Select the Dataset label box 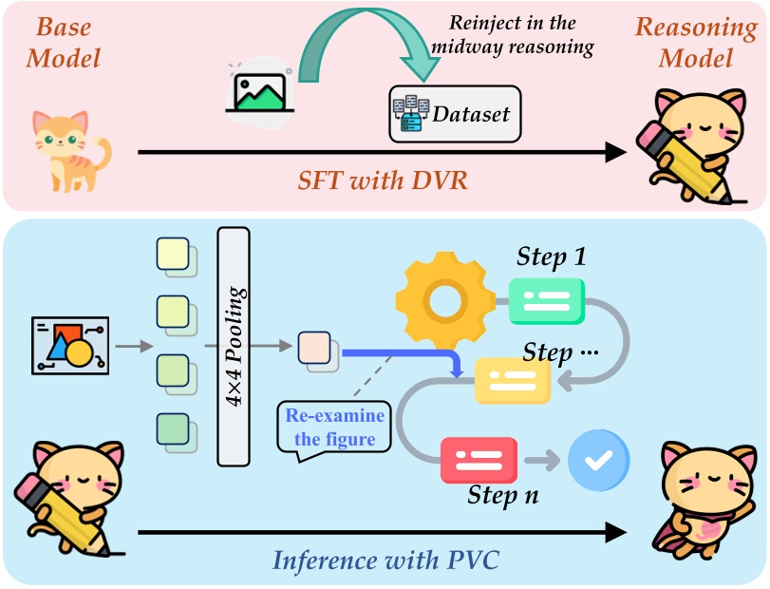pos(454,115)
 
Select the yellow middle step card pos(513,380)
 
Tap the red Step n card pos(479,461)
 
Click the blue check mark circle pos(597,461)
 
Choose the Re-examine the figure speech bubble pos(332,428)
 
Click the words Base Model pos(63,42)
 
